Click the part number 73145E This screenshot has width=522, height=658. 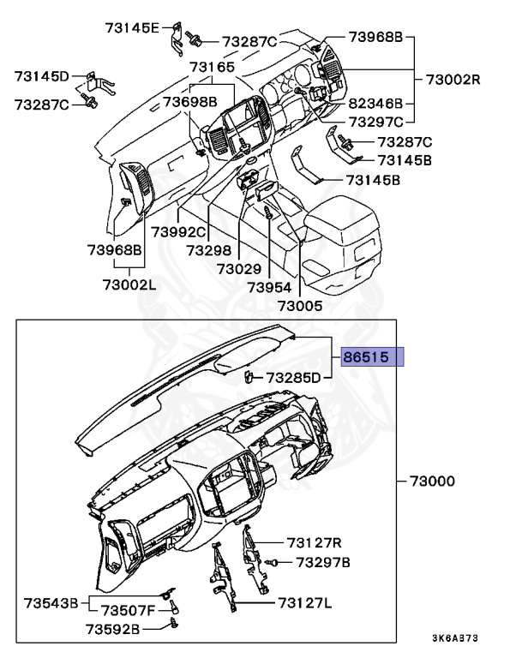131,28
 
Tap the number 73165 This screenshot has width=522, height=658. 212,67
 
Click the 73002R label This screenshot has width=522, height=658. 453,80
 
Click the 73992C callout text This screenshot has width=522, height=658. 179,232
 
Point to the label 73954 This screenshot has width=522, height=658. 269,288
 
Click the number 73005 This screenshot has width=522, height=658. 300,305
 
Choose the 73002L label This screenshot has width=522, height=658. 126,284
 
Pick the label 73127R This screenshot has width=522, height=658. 315,542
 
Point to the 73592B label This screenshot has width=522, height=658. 112,629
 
